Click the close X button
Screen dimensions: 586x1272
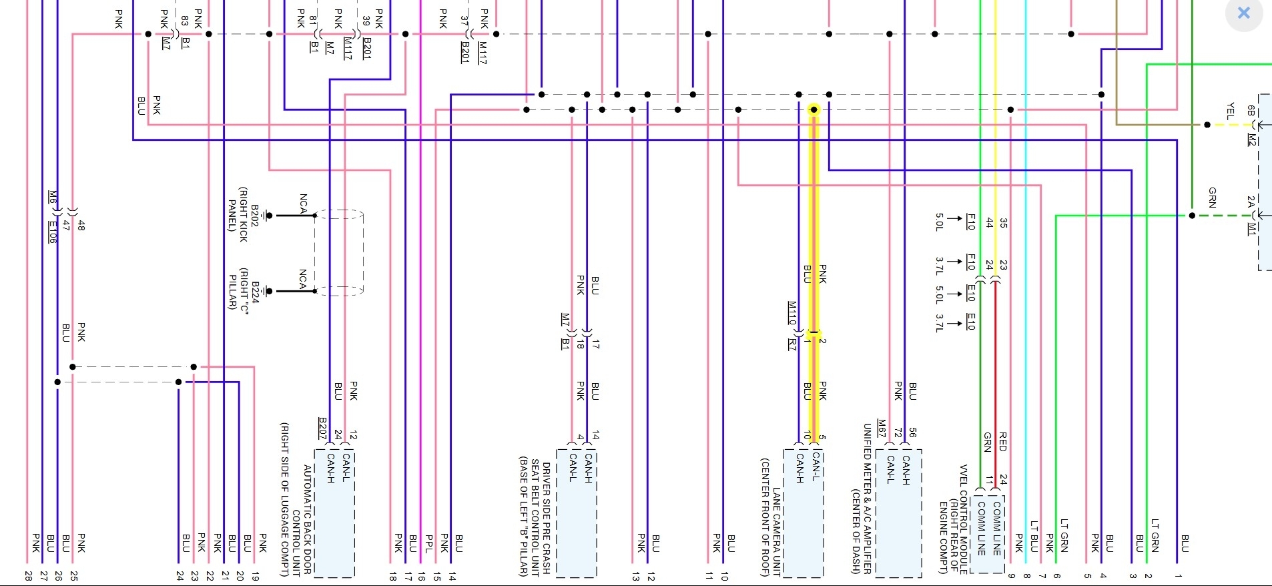click(1244, 13)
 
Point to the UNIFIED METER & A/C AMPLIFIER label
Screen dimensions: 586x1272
click(868, 498)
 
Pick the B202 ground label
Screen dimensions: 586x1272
click(254, 216)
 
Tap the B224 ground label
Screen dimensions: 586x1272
click(254, 291)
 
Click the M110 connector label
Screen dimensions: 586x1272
click(792, 312)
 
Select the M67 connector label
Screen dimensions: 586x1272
click(882, 428)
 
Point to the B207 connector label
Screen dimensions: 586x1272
click(322, 428)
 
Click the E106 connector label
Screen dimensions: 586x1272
click(52, 232)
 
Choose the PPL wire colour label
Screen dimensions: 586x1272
click(428, 543)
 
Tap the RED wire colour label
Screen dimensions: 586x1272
click(1002, 441)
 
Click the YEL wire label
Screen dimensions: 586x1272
click(1230, 111)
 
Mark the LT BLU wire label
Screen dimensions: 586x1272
click(1034, 536)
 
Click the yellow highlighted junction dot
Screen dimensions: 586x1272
click(814, 109)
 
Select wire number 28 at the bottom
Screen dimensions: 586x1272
click(28, 575)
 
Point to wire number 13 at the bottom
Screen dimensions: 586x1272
click(635, 575)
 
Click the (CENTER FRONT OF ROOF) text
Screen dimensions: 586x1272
click(765, 517)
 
